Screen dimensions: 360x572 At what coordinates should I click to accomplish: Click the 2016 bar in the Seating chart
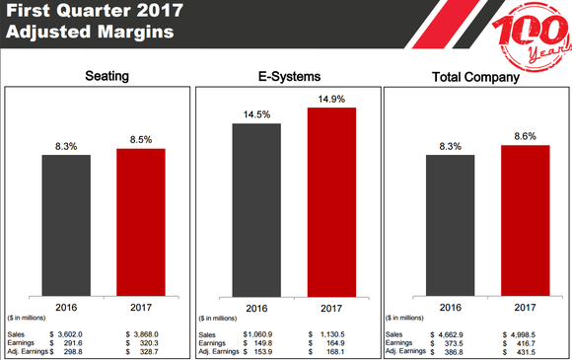(65, 226)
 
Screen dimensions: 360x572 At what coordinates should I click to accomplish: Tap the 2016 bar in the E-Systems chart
(256, 209)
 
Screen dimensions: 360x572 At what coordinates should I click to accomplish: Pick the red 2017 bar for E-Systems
(331, 202)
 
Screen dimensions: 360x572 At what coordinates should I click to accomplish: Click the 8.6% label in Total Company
(526, 137)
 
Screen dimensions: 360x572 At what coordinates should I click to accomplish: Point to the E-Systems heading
(287, 75)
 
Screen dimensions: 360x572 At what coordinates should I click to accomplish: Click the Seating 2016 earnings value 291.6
(66, 342)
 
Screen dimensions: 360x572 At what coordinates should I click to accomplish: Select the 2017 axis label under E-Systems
(331, 308)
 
